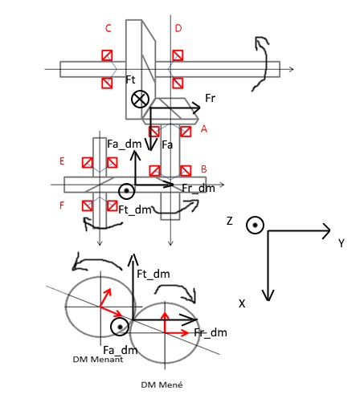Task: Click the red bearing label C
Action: [x=108, y=28]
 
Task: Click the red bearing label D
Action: [x=178, y=28]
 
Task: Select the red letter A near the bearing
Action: [x=204, y=129]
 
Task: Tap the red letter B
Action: [x=203, y=169]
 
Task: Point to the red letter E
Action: [x=62, y=161]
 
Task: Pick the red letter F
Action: [x=62, y=206]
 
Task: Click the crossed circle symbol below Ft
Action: [x=140, y=99]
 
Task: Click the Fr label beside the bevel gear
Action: [x=210, y=98]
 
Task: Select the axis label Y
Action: [x=341, y=243]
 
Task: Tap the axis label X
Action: [x=242, y=303]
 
